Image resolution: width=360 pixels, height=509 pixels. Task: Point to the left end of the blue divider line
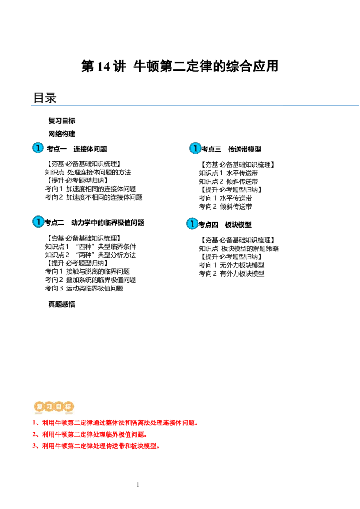30,106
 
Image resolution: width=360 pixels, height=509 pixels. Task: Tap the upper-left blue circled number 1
38,148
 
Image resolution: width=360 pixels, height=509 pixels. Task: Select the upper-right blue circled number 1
195,148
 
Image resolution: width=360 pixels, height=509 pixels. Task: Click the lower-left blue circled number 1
39,222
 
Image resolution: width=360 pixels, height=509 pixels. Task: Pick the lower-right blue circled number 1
192,223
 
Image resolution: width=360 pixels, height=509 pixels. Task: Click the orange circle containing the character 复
39,407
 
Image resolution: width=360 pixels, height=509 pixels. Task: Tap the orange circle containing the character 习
49,407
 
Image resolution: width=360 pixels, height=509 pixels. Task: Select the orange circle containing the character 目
58,407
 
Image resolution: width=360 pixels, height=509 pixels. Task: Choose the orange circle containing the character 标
68,407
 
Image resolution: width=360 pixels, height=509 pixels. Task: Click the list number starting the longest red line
34,423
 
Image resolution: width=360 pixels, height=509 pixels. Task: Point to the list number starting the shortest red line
34,435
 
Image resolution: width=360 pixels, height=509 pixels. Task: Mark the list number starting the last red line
34,446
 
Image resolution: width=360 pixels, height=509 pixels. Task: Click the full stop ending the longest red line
196,424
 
